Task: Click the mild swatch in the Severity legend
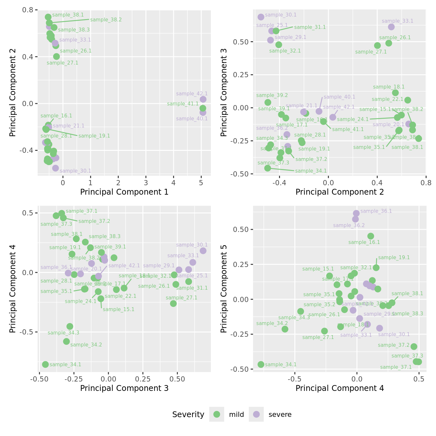pos(217,414)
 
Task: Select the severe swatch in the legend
pos(256,414)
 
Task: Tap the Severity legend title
pos(188,415)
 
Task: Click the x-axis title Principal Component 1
pos(124,192)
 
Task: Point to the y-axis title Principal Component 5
pos(224,289)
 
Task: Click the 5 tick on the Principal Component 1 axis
pos(201,183)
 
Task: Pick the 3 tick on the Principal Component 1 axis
pos(146,183)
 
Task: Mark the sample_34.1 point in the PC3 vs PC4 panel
pos(45,364)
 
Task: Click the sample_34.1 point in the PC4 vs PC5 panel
pos(261,364)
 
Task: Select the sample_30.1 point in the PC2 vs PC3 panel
pos(261,17)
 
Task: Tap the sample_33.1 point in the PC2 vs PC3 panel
pos(391,27)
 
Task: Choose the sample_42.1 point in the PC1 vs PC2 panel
pos(203,99)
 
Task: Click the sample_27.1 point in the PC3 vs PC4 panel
pos(173,303)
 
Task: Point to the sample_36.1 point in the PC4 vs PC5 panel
pos(356,213)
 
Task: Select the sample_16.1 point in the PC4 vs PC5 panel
pos(371,236)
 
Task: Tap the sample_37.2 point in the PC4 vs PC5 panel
pos(414,346)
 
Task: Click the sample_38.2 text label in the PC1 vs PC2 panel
pos(106,20)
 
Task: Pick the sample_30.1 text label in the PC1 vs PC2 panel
pos(75,171)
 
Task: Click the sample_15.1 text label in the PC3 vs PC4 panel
pos(118,309)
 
